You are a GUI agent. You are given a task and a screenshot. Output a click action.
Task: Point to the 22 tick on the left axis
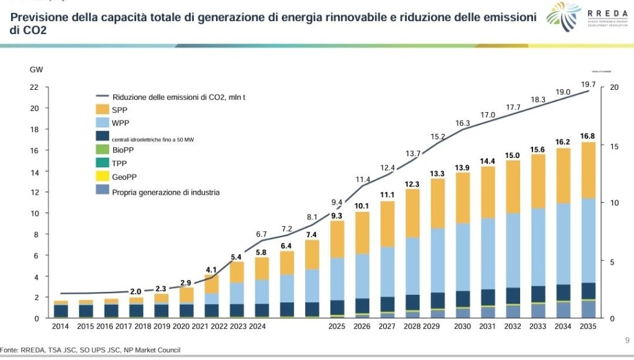point(34,87)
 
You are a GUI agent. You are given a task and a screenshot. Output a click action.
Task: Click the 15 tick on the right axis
point(614,146)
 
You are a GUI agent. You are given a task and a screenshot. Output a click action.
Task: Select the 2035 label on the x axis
point(588,327)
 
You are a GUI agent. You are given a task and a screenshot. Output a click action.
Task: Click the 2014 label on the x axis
point(61,327)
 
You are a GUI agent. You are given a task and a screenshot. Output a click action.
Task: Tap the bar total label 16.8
point(588,136)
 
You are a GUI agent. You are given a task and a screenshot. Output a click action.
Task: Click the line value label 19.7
point(588,84)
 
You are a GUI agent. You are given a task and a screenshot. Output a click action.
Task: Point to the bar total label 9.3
point(337,216)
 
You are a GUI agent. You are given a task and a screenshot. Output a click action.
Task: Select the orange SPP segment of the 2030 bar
point(462,198)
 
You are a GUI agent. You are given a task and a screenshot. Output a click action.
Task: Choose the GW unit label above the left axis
point(36,69)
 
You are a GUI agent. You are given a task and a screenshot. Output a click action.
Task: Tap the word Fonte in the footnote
point(9,350)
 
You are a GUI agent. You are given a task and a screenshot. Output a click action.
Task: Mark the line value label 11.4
point(363,180)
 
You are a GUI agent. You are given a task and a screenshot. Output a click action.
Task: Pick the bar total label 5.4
point(237,257)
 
